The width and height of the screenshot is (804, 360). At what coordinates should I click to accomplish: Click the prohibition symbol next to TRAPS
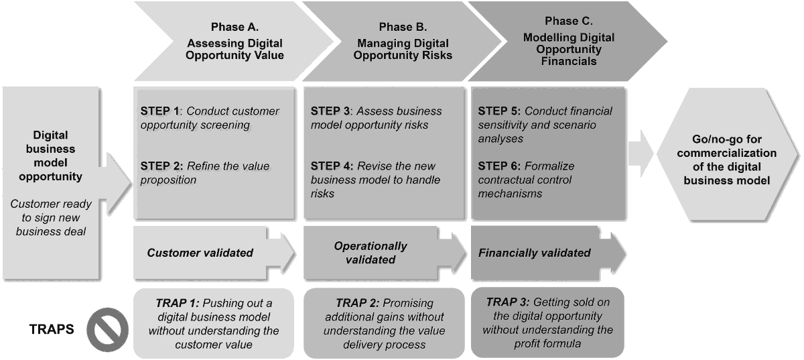point(107,329)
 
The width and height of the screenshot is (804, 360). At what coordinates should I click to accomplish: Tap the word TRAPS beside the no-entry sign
point(52,329)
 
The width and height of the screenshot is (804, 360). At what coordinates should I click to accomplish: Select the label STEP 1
point(159,111)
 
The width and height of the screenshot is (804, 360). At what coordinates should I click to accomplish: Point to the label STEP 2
point(161,166)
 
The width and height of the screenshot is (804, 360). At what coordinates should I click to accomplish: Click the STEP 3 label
point(330,111)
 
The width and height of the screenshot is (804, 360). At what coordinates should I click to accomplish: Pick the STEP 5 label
point(499,111)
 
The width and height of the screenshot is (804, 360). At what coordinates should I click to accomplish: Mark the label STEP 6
point(499,166)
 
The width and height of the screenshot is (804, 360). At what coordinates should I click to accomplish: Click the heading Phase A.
point(234,27)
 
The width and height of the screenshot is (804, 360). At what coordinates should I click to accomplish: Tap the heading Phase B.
point(403,27)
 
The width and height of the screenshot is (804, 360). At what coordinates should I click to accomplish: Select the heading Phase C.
point(569,21)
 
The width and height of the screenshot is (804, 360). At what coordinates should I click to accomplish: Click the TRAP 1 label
point(178,303)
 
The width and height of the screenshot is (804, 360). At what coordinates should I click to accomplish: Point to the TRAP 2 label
point(358,303)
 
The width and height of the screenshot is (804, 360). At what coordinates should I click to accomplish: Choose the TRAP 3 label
point(508,302)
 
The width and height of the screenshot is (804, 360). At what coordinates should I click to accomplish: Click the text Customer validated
point(200,253)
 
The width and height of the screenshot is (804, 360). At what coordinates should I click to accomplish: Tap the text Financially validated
point(535,253)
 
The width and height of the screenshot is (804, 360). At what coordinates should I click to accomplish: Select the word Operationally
point(371,246)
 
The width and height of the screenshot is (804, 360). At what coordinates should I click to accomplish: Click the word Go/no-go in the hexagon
point(714,139)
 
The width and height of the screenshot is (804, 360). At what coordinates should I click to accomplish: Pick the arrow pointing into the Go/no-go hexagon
point(641,154)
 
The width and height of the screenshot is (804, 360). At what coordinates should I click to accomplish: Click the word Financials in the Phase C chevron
point(569,62)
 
